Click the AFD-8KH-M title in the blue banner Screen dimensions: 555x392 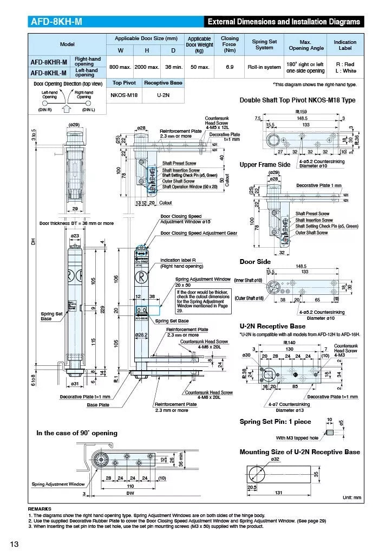coord(57,22)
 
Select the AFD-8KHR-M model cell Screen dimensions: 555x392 coord(49,62)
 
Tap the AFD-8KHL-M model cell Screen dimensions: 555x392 coord(49,72)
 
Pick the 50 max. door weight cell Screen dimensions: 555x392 coord(199,67)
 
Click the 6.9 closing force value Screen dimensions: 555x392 coord(230,67)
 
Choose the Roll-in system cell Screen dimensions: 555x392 coord(264,67)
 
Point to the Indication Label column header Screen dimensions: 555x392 coord(345,45)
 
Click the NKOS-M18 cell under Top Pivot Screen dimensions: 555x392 coord(125,95)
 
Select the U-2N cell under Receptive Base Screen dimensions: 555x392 coord(162,95)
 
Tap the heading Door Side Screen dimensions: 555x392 coord(255,262)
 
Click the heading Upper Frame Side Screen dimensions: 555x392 coord(265,165)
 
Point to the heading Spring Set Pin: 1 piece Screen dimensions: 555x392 coord(275,422)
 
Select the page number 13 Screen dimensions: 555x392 coord(14,544)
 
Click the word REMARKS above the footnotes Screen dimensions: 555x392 coord(40,509)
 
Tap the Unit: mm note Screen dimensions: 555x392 coord(351,497)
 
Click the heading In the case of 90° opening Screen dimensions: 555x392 coord(76,433)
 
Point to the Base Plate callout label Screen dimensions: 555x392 coord(98,404)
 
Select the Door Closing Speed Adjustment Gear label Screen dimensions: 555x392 coord(199,233)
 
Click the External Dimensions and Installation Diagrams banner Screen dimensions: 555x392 coord(284,22)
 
